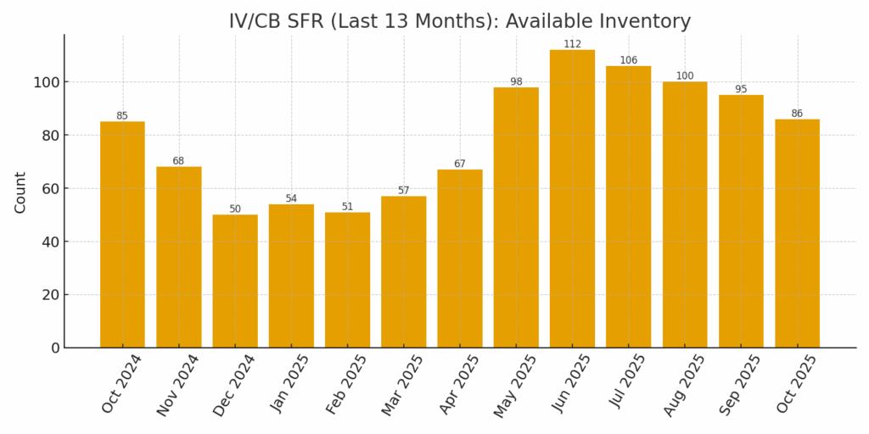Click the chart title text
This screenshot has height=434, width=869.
[459, 21]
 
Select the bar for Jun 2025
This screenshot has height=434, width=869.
[572, 198]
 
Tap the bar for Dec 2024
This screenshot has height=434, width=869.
[235, 281]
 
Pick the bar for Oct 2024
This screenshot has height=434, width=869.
[122, 234]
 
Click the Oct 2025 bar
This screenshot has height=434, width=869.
[797, 233]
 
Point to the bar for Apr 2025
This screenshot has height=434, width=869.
[460, 259]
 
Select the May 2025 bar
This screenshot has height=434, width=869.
[516, 217]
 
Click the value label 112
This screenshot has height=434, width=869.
[572, 44]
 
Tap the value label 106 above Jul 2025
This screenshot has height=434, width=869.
[628, 60]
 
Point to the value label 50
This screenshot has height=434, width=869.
[235, 209]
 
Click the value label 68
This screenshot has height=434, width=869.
[178, 161]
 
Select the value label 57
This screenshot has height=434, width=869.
[403, 190]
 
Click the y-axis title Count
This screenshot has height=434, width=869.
[20, 192]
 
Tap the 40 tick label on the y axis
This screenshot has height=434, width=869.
[48, 242]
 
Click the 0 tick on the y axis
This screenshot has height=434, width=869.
[54, 348]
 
